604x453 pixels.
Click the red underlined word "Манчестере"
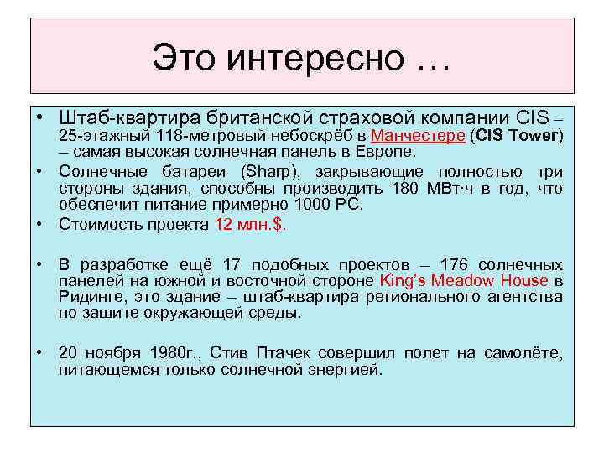point(418,136)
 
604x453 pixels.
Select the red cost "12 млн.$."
point(249,225)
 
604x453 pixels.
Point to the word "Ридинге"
point(87,297)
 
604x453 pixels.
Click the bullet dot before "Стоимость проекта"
point(39,225)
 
